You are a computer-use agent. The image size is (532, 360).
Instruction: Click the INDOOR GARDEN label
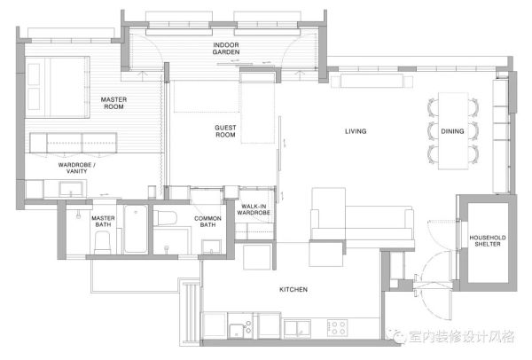pos(226,49)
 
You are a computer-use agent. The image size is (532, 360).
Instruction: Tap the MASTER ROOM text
pos(113,103)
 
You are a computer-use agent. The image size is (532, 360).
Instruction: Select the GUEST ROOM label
pos(225,131)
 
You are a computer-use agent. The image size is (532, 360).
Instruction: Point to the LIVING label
pos(356,131)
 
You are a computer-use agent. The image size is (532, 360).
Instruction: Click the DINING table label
pos(452,131)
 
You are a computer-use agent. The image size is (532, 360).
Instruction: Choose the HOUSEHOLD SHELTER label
pos(488,241)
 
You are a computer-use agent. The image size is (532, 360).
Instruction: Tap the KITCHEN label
pos(293,289)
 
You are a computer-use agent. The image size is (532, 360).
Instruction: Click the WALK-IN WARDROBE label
pos(254,209)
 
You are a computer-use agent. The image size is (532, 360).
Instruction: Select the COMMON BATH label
pos(207,222)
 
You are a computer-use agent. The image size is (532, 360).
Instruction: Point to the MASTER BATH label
pos(103,221)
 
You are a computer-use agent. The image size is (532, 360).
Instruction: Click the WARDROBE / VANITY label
pos(76,168)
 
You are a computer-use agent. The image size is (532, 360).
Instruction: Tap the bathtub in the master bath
pos(136,229)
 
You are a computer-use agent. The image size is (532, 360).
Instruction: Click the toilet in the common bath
pos(165,218)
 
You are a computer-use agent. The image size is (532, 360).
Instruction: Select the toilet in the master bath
pos(103,242)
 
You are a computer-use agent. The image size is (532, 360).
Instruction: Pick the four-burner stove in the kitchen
pos(337,328)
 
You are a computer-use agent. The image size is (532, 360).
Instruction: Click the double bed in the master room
pos(58,87)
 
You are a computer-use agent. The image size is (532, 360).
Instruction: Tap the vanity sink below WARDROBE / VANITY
pos(71,188)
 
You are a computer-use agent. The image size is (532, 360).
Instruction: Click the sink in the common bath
pos(211,247)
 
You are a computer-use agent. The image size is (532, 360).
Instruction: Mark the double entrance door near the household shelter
pos(434,286)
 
